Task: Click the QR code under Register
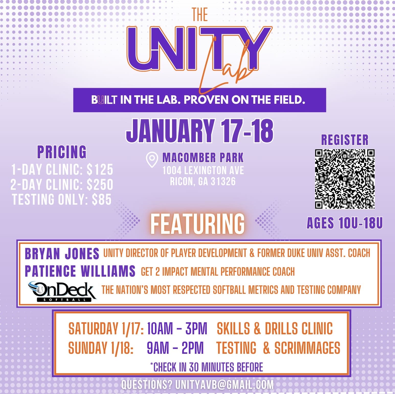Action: pyautogui.click(x=345, y=179)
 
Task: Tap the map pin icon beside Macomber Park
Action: pyautogui.click(x=152, y=160)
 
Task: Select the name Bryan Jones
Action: pyautogui.click(x=62, y=254)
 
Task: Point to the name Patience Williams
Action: pyautogui.click(x=80, y=271)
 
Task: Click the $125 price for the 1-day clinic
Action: pyautogui.click(x=100, y=169)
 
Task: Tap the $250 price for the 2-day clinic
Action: pyautogui.click(x=100, y=184)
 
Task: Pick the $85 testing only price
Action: pyautogui.click(x=102, y=200)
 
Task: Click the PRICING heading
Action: pyautogui.click(x=62, y=152)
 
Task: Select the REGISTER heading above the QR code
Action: pyautogui.click(x=345, y=140)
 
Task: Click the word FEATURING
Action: pyautogui.click(x=197, y=224)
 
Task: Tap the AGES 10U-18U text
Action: pyautogui.click(x=345, y=223)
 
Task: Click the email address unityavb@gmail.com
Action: pyautogui.click(x=224, y=385)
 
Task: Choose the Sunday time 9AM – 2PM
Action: pyautogui.click(x=175, y=348)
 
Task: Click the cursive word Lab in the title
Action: pyautogui.click(x=225, y=69)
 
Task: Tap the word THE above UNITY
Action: pyautogui.click(x=200, y=15)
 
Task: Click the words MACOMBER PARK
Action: pyautogui.click(x=203, y=158)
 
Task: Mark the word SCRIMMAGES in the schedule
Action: pyautogui.click(x=307, y=348)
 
